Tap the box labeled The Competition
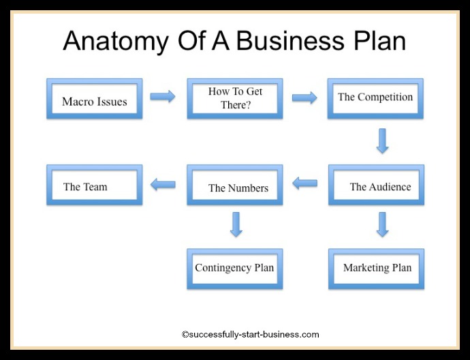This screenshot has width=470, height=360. coord(375,98)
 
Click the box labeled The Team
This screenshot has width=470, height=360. coord(95,185)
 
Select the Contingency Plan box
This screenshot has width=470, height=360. coord(235,268)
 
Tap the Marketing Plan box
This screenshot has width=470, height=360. coord(376,268)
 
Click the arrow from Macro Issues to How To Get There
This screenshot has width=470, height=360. coord(163,97)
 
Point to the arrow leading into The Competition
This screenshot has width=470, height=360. coord(304,97)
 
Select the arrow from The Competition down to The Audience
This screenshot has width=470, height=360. coord(382,140)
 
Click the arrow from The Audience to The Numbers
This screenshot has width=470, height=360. coord(304,183)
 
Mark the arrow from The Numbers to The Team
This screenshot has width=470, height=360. coord(163,183)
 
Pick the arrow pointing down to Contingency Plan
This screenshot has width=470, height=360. coord(236,224)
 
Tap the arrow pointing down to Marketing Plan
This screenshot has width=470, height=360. coord(382,224)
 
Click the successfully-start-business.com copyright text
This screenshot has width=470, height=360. coord(250,335)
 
